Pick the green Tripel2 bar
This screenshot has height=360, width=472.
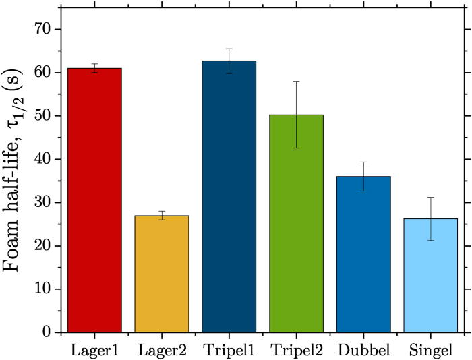point(296,223)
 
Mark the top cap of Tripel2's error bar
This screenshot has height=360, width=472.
point(296,81)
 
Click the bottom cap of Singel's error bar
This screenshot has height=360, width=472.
point(431,241)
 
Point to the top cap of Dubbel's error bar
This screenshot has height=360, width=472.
point(363,162)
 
